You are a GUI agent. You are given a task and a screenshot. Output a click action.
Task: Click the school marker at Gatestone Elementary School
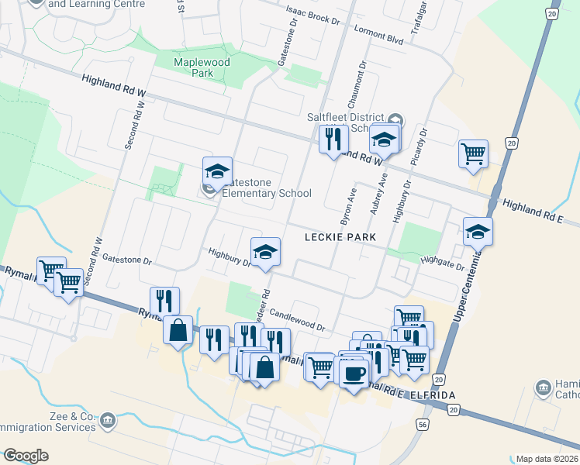tap(218, 172)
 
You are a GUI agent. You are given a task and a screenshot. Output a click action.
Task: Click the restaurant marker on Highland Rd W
tap(333, 139)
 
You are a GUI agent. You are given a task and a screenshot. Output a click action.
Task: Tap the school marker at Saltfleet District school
tap(383, 139)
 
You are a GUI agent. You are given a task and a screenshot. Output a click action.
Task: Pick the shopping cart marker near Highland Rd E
tap(473, 153)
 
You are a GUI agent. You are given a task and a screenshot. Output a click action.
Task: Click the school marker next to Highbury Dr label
tap(265, 252)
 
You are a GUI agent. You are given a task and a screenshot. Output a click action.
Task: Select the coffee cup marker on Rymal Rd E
tap(354, 374)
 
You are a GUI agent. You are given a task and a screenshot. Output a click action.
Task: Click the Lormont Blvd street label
tap(378, 34)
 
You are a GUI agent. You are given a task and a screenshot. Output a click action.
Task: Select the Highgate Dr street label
tap(441, 263)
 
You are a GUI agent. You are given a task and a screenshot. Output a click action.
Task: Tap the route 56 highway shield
tap(422, 425)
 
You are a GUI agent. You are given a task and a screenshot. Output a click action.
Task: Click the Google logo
tap(26, 456)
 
